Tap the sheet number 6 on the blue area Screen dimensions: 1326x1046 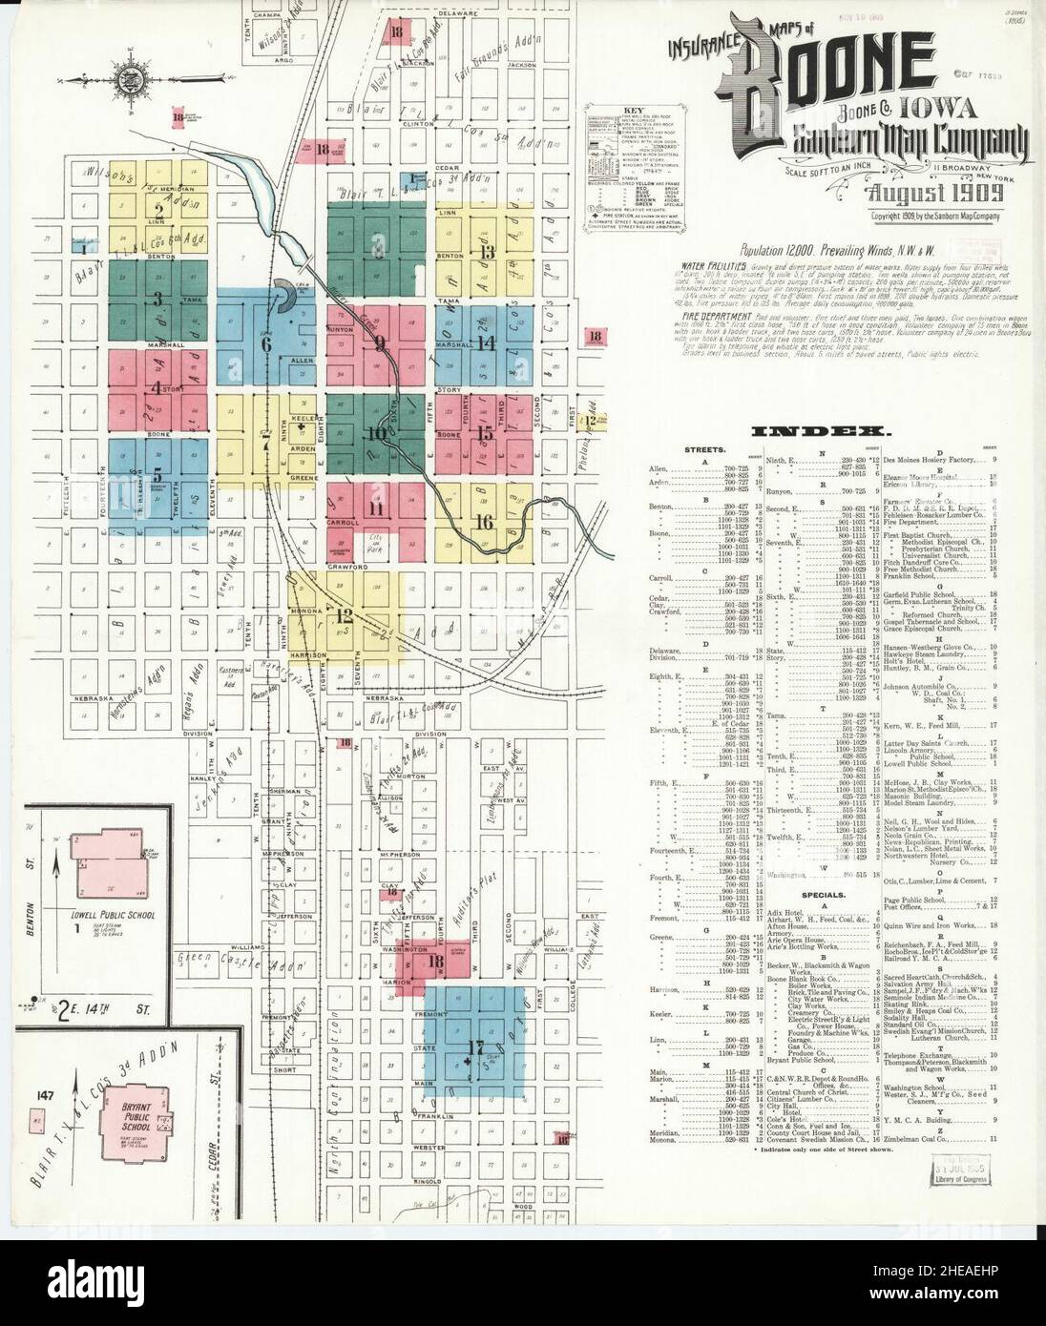tap(266, 343)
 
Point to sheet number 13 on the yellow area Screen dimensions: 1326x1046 tap(489, 252)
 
